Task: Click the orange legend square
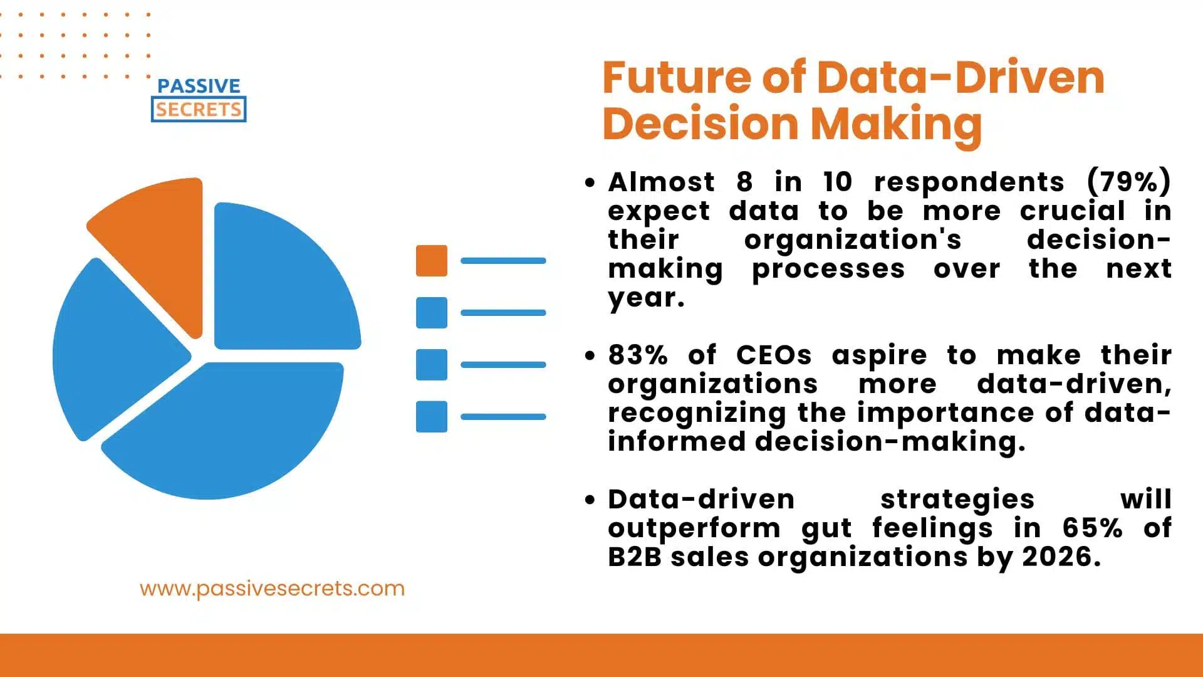(432, 261)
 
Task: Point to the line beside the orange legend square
(503, 261)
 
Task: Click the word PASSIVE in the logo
(199, 86)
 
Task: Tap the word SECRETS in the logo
(199, 110)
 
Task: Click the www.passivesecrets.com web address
(272, 589)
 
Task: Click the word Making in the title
(897, 125)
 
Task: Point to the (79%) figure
(1128, 182)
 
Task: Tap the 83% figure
(638, 355)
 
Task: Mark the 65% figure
(1092, 528)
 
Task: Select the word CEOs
(774, 355)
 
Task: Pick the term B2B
(635, 557)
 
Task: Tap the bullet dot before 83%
(590, 356)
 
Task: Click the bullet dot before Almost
(590, 183)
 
